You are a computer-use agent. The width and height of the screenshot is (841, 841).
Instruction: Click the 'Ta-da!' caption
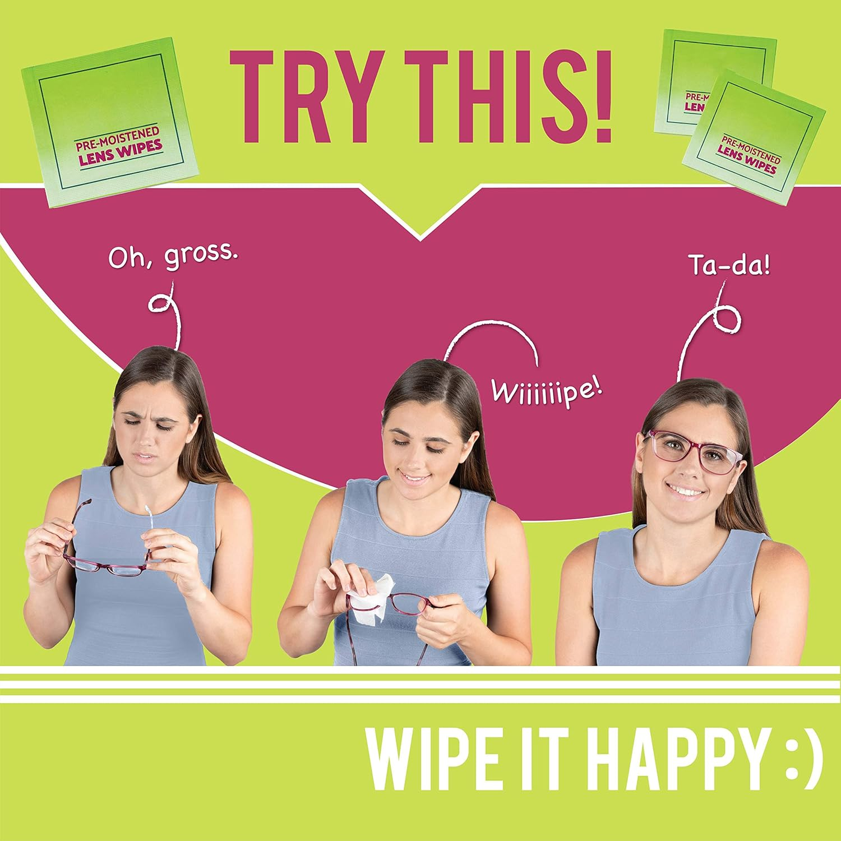pos(729,264)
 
